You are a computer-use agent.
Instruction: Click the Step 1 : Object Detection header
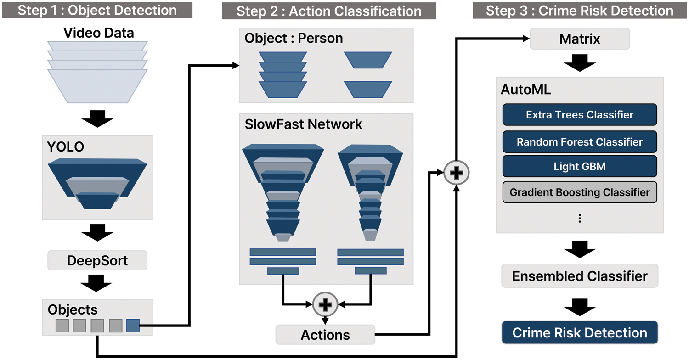point(97,10)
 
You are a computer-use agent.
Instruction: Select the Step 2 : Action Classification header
point(329,11)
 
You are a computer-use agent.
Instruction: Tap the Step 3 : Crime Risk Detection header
point(580,11)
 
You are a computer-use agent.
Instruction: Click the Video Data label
point(99,33)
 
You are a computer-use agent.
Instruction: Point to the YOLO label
point(65,147)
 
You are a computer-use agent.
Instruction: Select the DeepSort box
point(97,261)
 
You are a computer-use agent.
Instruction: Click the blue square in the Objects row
point(133,326)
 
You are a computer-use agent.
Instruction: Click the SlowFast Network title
point(304,124)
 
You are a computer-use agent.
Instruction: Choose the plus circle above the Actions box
point(325,304)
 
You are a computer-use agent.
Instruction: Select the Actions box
point(325,335)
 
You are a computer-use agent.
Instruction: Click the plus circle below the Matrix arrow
point(457,173)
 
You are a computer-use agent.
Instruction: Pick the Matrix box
point(580,39)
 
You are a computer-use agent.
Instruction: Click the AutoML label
point(526,90)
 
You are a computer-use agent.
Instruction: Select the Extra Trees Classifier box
point(580,115)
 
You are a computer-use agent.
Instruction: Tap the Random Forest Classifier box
point(580,142)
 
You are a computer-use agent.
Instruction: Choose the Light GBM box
point(580,167)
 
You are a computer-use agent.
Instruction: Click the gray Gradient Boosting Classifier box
point(580,192)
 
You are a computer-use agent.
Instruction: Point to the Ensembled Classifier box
point(580,276)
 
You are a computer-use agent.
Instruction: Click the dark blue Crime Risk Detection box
point(580,333)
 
